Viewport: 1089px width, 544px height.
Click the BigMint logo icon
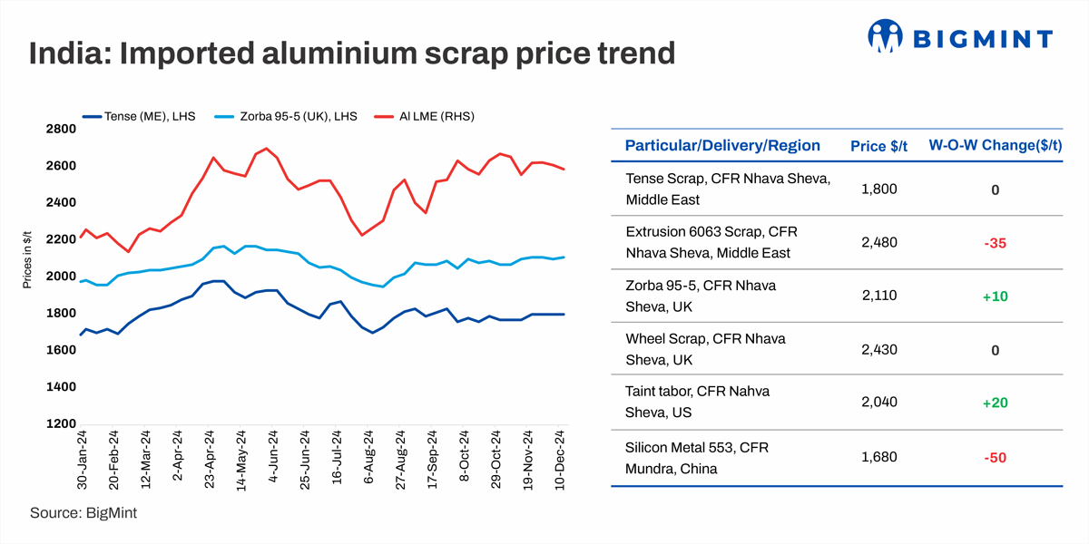pos(886,36)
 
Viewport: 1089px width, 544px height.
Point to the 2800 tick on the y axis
pos(60,129)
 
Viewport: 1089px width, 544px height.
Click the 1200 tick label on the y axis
pos(60,423)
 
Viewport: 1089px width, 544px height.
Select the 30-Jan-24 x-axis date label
pos(82,461)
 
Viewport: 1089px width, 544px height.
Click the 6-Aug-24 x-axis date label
pos(368,462)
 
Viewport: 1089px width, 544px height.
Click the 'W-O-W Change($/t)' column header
pos(995,146)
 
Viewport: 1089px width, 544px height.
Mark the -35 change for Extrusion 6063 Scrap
pos(995,242)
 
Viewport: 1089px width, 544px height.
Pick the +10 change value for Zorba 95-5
pos(995,296)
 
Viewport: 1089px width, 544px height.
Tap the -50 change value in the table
pos(995,457)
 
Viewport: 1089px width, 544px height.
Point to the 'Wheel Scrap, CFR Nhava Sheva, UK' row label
pos(705,349)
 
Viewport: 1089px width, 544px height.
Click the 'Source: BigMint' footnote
pos(83,513)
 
